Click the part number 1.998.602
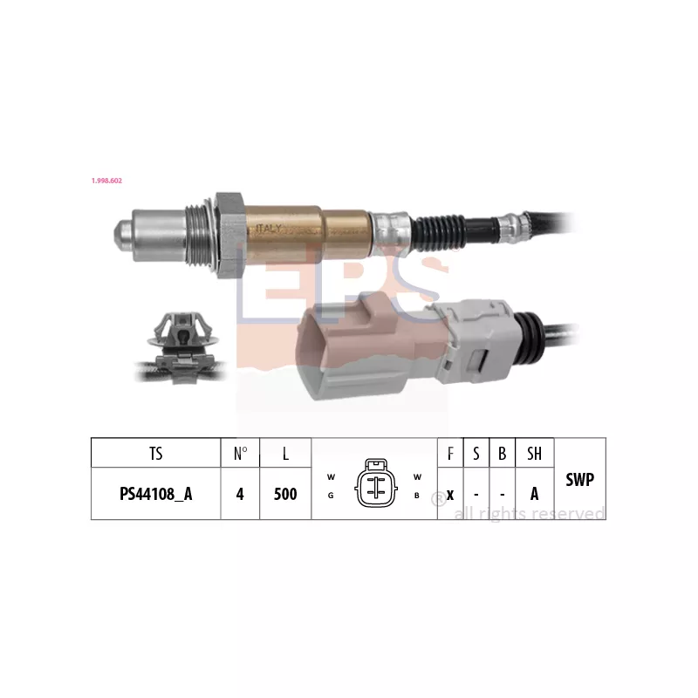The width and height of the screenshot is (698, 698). tap(107, 181)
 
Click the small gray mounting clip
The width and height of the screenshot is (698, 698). tap(180, 346)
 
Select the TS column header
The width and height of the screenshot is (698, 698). tap(155, 454)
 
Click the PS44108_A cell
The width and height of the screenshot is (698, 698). tap(155, 494)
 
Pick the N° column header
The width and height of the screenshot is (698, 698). tap(240, 454)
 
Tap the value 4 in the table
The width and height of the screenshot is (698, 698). tap(240, 494)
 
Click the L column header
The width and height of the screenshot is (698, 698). tap(285, 454)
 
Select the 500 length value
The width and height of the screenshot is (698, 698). tap(285, 494)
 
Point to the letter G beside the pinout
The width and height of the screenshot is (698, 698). tap(331, 496)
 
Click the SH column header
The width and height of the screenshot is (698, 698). tap(534, 454)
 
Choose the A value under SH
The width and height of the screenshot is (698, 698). tap(534, 494)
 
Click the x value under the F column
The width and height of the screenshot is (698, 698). tap(450, 494)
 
